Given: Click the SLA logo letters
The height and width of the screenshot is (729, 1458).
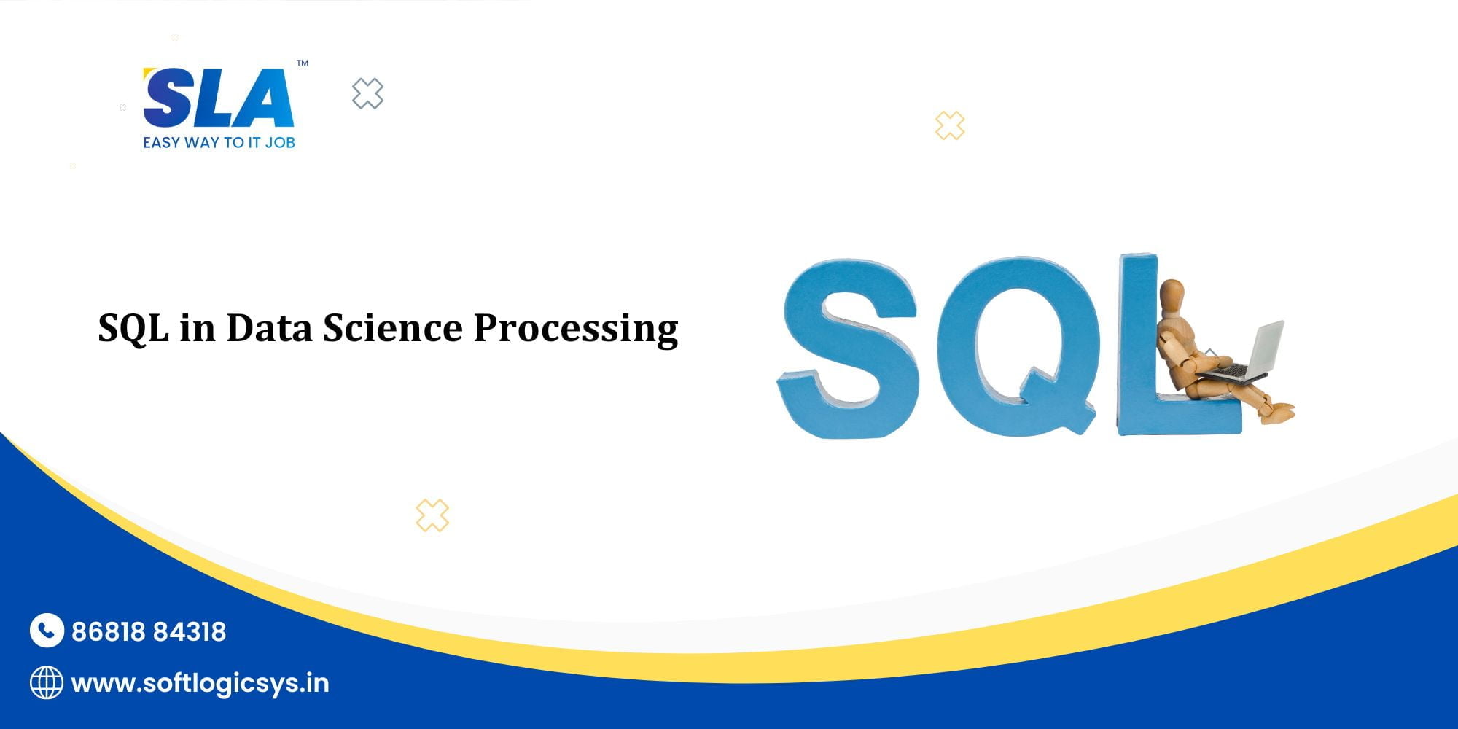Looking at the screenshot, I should pos(219,98).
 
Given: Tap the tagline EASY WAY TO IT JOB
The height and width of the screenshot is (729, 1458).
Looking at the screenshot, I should pos(219,143).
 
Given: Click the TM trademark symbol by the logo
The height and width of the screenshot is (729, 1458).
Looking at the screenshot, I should pos(303,63).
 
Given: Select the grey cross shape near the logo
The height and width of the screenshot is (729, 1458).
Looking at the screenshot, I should pos(367,93).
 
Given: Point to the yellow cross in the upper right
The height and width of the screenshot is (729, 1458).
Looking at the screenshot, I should pos(950,125).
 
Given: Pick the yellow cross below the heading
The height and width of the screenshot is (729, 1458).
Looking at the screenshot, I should pos(432,515).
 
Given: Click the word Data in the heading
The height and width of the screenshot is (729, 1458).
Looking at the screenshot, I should pos(269,328).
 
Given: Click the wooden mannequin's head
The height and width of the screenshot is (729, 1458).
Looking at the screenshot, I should pos(1172,295).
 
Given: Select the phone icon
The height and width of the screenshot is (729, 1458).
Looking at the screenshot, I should pos(47,631).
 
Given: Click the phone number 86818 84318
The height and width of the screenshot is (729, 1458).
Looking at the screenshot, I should pos(149,631).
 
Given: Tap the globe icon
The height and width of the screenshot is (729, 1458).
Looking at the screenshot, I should pos(47,683).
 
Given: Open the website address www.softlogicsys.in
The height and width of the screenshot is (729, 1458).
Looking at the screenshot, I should pos(200,684).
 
